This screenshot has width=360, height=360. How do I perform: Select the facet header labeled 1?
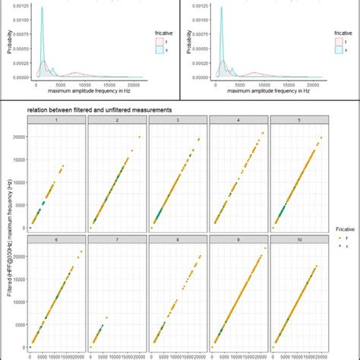[x=57, y=120]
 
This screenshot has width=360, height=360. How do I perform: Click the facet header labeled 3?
[x=178, y=120]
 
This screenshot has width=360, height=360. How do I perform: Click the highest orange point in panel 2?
[x=139, y=137]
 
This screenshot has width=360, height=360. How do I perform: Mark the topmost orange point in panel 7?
[x=106, y=317]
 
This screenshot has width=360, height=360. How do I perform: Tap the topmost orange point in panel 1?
[x=63, y=166]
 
